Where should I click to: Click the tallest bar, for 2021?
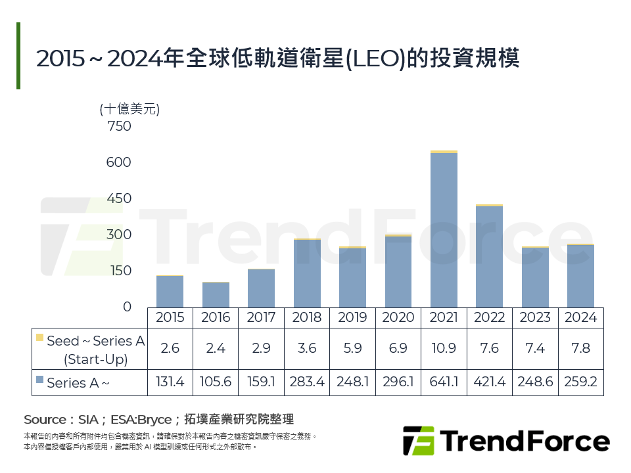click(x=444, y=230)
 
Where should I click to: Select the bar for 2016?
click(x=216, y=295)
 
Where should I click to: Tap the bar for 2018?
click(x=307, y=273)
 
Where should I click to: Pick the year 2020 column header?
click(x=398, y=317)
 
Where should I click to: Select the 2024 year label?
click(x=580, y=317)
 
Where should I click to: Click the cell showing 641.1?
click(x=444, y=382)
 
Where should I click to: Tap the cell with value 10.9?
click(x=444, y=348)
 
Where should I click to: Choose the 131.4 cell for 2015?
click(x=170, y=382)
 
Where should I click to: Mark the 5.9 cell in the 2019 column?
click(x=352, y=348)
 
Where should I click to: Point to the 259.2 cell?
click(x=580, y=382)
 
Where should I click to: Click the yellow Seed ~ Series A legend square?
click(x=40, y=338)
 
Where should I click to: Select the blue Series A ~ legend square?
click(x=40, y=380)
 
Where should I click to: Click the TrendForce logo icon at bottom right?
click(x=419, y=441)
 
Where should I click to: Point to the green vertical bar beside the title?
click(x=18, y=56)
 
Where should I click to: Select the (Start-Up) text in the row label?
click(x=95, y=359)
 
